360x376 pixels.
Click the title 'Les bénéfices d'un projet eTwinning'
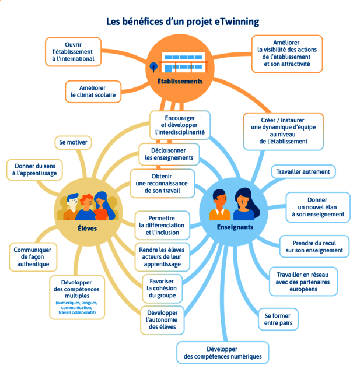tap(182, 22)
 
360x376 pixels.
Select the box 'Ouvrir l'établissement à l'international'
tap(72, 52)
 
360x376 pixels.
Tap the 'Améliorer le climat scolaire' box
tap(93, 91)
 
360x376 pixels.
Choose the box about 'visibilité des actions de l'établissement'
tap(286, 54)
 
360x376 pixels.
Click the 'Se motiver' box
tap(73, 142)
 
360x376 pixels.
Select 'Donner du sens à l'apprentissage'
tap(35, 170)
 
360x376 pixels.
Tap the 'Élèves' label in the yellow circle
tap(87, 228)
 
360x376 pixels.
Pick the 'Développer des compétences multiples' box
tap(77, 297)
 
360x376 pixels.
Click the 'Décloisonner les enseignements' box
tap(169, 154)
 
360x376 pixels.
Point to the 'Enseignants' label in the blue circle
tap(235, 227)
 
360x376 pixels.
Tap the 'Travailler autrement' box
tap(303, 171)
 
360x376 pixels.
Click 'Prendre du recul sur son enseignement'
tap(314, 246)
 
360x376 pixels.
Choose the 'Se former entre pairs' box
tap(278, 319)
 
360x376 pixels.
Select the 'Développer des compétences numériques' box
tap(222, 352)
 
